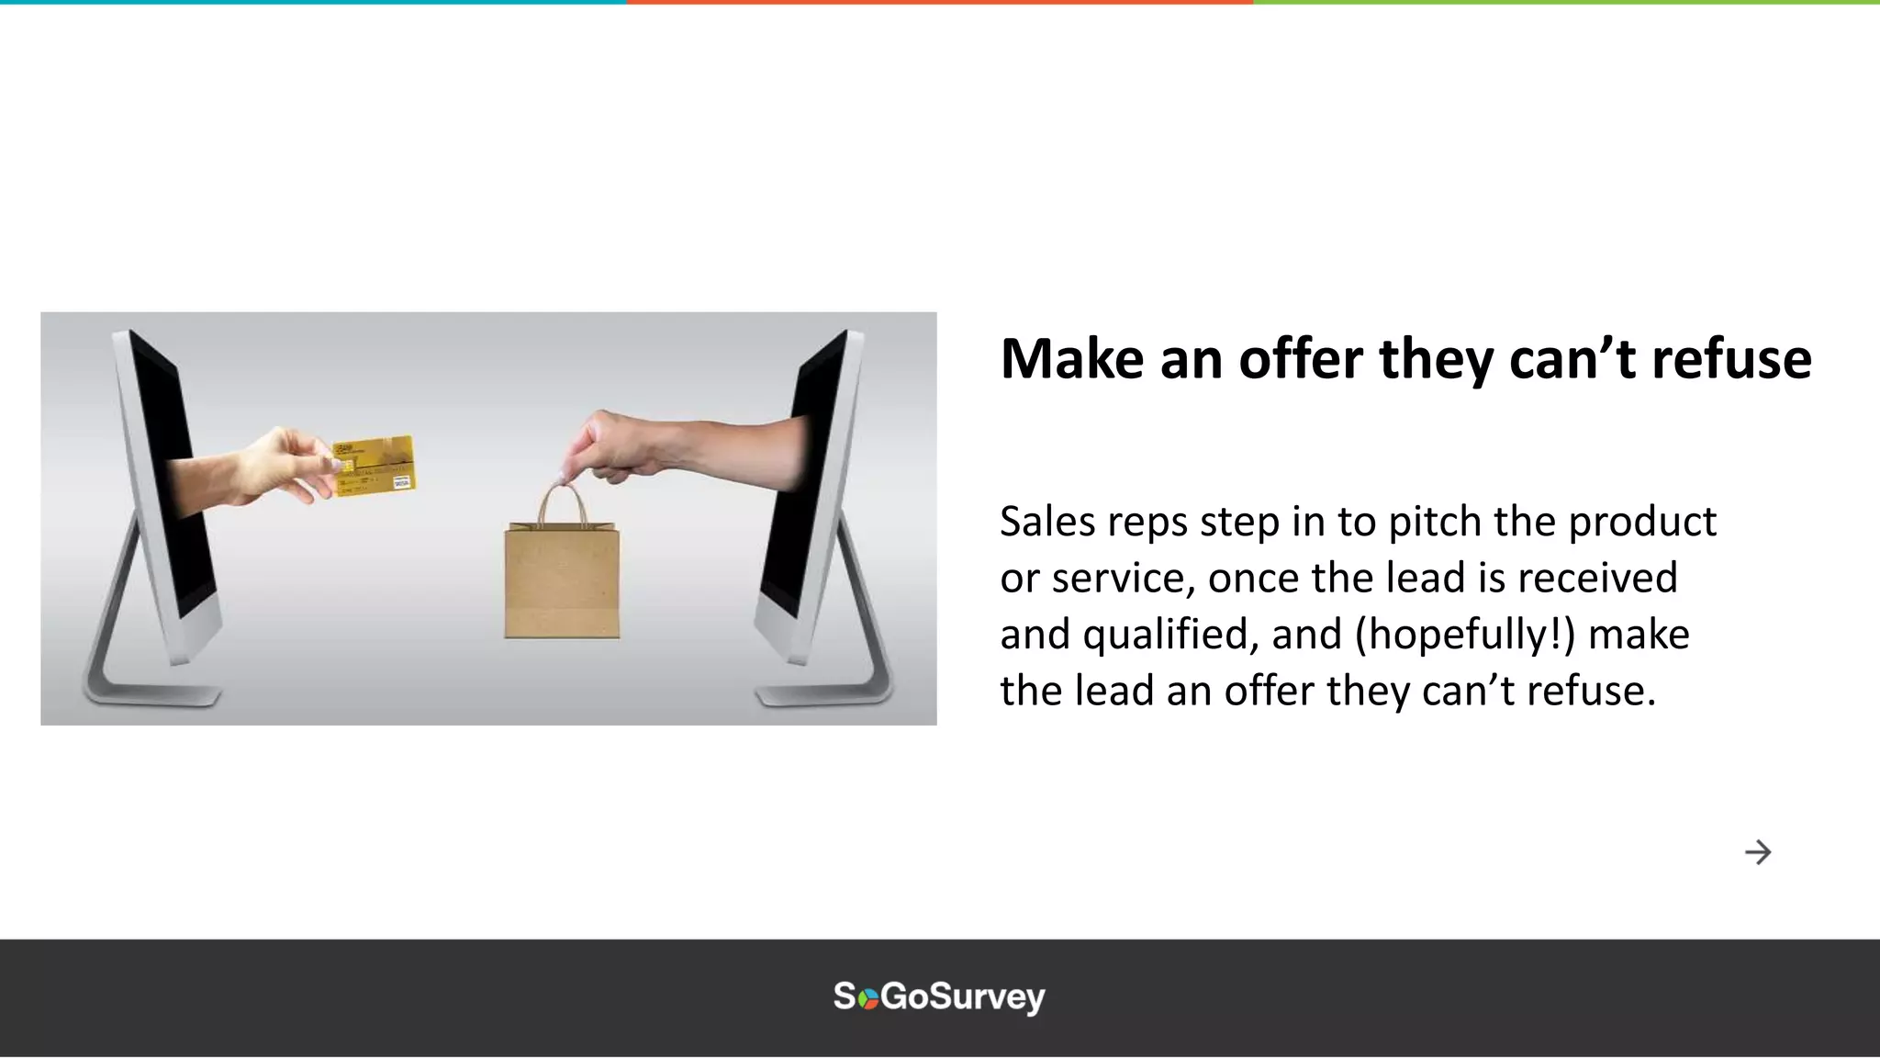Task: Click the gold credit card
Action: point(374,465)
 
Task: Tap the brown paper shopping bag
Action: point(562,581)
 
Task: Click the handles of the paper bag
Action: point(562,503)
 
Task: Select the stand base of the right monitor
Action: point(822,692)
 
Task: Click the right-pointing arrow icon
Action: point(1758,852)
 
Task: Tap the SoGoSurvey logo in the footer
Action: point(939,996)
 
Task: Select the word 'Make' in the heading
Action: point(1072,358)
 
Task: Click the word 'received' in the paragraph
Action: point(1597,579)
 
